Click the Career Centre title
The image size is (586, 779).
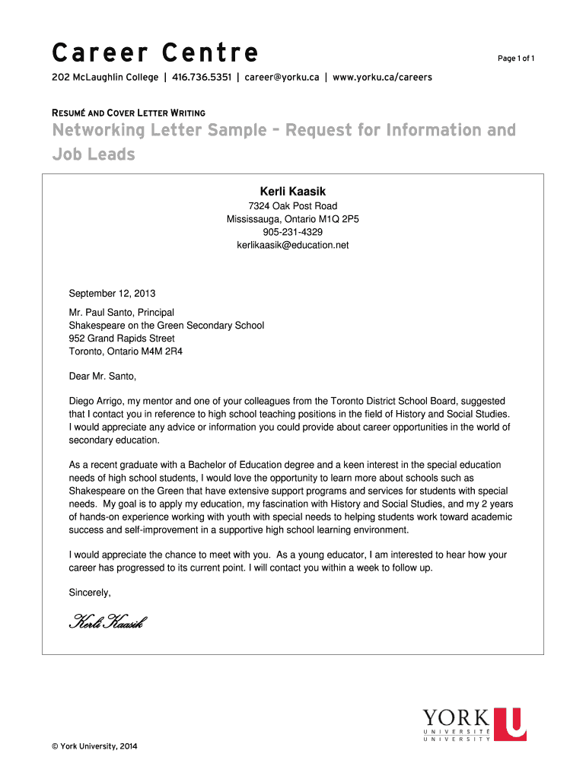(155, 54)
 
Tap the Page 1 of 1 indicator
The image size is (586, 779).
(517, 59)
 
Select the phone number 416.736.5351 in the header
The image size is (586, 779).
(202, 78)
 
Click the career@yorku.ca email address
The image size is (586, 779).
(282, 78)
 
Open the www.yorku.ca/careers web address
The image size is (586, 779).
(383, 78)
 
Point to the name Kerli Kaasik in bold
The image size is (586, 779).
(293, 192)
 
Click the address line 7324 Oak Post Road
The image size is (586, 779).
(293, 206)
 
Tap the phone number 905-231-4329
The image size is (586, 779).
(293, 232)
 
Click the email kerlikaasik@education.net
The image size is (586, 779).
(293, 245)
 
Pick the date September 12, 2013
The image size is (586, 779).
(112, 294)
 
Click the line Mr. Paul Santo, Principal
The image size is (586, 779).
(122, 313)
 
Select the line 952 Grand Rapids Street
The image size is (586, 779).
(122, 339)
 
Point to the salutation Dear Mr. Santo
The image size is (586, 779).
(103, 376)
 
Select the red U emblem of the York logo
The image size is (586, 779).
(509, 724)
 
